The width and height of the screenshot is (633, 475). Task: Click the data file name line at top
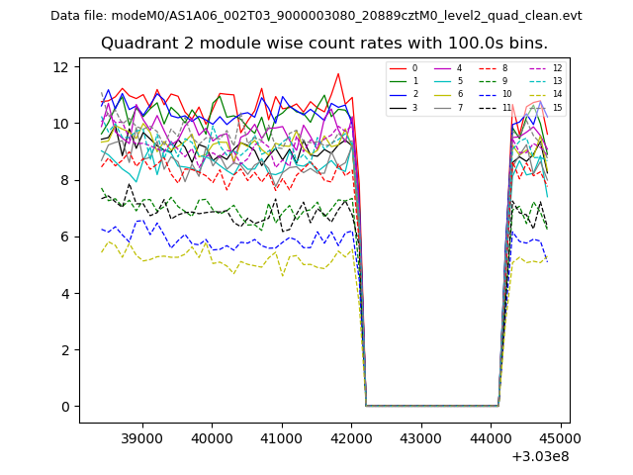click(x=316, y=16)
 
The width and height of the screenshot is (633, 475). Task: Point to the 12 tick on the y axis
click(x=61, y=66)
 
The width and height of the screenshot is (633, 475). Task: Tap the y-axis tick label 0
click(x=65, y=406)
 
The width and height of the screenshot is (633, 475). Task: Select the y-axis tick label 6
click(x=65, y=237)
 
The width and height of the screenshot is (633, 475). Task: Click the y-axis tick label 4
click(x=65, y=293)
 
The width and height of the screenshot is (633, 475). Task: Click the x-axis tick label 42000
click(x=351, y=436)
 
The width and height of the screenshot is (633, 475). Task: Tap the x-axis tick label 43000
click(x=421, y=436)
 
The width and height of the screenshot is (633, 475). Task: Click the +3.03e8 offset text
click(x=540, y=456)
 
